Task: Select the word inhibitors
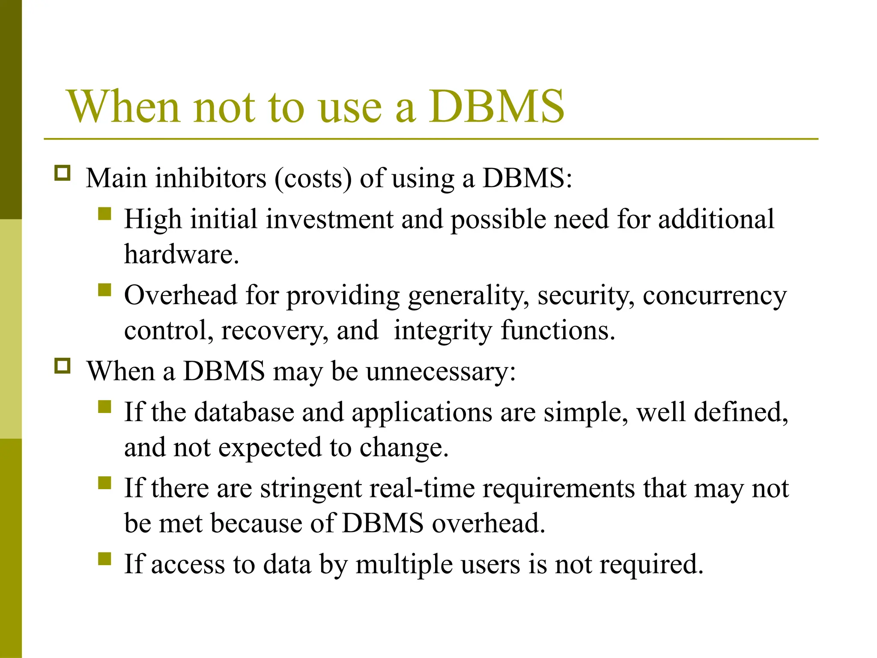pyautogui.click(x=211, y=178)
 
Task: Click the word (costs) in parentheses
pyautogui.click(x=313, y=178)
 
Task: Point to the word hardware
pyautogui.click(x=181, y=254)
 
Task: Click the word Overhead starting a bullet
pyautogui.click(x=180, y=295)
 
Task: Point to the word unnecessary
pyautogui.click(x=441, y=371)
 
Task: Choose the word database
pyautogui.click(x=244, y=412)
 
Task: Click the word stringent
pyautogui.click(x=311, y=488)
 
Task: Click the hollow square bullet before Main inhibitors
pyautogui.click(x=63, y=173)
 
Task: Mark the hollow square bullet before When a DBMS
pyautogui.click(x=63, y=366)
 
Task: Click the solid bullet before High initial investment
pyautogui.click(x=104, y=213)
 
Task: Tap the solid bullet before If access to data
pyautogui.click(x=104, y=559)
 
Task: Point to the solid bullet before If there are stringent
pyautogui.click(x=104, y=483)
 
